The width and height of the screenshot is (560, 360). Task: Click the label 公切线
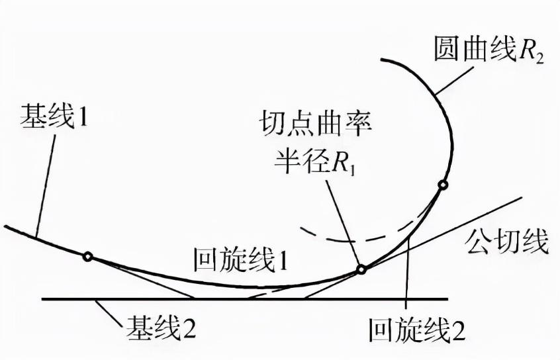click(x=510, y=242)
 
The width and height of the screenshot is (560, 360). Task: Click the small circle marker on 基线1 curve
click(x=87, y=257)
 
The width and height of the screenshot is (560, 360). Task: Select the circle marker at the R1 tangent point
click(x=361, y=269)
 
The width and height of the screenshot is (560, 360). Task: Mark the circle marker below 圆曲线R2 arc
click(x=443, y=185)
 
